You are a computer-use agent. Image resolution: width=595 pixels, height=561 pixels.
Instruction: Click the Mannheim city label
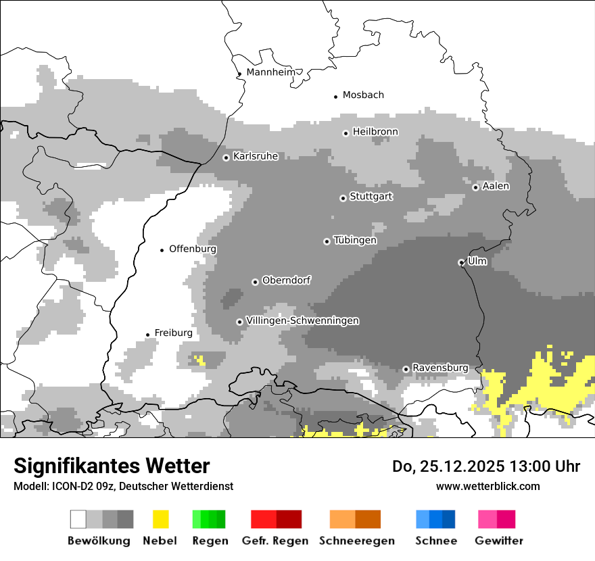click(x=270, y=72)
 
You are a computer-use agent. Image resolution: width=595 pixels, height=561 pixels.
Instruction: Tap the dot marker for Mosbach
click(x=335, y=97)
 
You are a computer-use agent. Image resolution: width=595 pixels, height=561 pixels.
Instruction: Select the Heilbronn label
click(x=375, y=132)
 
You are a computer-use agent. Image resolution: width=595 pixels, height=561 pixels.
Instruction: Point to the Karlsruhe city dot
click(x=226, y=157)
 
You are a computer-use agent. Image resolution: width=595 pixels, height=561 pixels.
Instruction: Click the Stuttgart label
click(x=371, y=197)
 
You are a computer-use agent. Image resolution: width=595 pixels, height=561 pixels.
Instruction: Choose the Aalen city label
click(x=496, y=186)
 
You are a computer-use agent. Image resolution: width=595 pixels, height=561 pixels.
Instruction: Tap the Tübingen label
click(x=355, y=240)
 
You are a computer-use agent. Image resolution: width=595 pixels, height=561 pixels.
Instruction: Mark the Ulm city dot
click(x=461, y=262)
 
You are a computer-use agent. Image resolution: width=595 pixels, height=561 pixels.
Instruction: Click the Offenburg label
click(x=193, y=249)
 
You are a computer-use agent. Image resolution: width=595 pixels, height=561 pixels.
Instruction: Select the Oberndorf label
click(x=287, y=280)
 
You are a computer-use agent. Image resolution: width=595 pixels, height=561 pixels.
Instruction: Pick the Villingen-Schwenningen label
click(x=302, y=320)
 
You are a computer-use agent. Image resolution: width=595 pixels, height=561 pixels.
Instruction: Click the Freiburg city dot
click(x=147, y=335)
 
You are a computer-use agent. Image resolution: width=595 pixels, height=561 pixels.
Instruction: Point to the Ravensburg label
click(x=440, y=368)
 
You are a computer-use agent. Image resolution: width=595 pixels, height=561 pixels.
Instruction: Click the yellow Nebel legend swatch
click(x=160, y=519)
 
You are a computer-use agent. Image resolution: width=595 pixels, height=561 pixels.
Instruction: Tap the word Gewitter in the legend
click(x=498, y=541)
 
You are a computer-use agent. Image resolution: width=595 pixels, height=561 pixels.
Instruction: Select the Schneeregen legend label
click(x=356, y=541)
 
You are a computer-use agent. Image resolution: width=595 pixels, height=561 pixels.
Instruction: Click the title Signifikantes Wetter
click(x=112, y=466)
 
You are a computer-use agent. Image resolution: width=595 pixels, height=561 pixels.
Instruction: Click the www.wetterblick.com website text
click(x=487, y=486)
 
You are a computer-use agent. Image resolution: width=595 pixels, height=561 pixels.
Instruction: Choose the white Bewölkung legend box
click(x=78, y=519)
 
